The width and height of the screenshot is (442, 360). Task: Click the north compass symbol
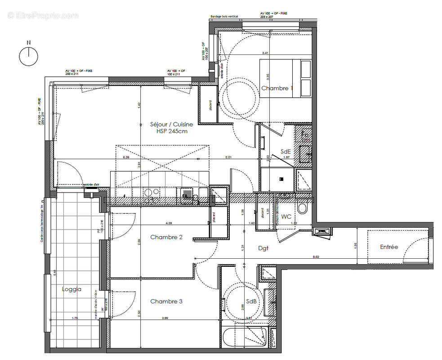[x=28, y=56]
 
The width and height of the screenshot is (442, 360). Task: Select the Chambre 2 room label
[x=166, y=237]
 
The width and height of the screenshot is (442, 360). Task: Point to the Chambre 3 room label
[x=166, y=301]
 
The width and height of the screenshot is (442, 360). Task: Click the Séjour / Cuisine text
[x=172, y=124]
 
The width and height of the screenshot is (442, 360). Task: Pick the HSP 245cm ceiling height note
[x=172, y=131]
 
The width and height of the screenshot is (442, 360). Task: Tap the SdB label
[x=251, y=301]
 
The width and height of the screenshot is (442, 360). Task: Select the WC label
[x=286, y=216]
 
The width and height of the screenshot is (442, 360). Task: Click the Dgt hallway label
[x=263, y=248]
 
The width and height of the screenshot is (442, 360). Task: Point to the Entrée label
[x=389, y=247]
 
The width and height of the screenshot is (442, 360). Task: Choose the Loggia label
[x=71, y=289]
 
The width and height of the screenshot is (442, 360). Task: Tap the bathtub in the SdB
[x=243, y=337]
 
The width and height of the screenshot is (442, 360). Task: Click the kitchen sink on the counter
[x=187, y=194]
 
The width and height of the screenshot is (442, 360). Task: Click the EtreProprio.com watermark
[x=43, y=15]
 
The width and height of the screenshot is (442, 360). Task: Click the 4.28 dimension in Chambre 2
[x=169, y=223]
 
